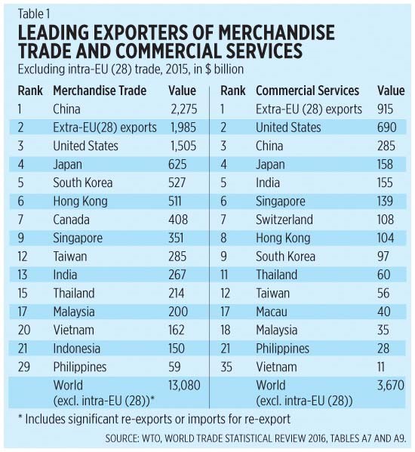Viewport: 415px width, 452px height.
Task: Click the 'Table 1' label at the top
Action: tap(34, 14)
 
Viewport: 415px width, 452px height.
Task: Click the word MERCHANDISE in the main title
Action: tap(276, 32)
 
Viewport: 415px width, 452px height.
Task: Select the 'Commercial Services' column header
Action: tap(308, 91)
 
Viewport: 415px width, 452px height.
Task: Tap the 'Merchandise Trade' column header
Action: tap(100, 91)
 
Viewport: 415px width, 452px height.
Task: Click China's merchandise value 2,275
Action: tap(184, 109)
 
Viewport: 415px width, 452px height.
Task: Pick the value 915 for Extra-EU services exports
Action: tap(385, 109)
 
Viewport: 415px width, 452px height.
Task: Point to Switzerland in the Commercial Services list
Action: tap(284, 220)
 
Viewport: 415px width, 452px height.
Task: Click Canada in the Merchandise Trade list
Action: tap(71, 220)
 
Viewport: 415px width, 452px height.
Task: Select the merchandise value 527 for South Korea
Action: tap(177, 183)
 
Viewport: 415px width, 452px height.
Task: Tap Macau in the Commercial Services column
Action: tap(272, 312)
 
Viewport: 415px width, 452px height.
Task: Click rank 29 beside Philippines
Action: tap(23, 367)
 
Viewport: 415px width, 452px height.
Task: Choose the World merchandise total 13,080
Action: tap(184, 385)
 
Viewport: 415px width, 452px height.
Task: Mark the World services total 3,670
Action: tap(391, 385)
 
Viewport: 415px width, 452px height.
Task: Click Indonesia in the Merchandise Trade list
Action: tap(77, 349)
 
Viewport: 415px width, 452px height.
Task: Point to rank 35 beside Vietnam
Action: tap(226, 367)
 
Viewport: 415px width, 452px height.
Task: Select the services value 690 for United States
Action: tap(387, 128)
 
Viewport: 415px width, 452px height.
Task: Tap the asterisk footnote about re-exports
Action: tap(154, 419)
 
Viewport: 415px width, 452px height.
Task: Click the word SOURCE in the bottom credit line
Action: tap(121, 438)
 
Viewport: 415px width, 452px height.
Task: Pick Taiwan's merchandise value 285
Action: tap(177, 257)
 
